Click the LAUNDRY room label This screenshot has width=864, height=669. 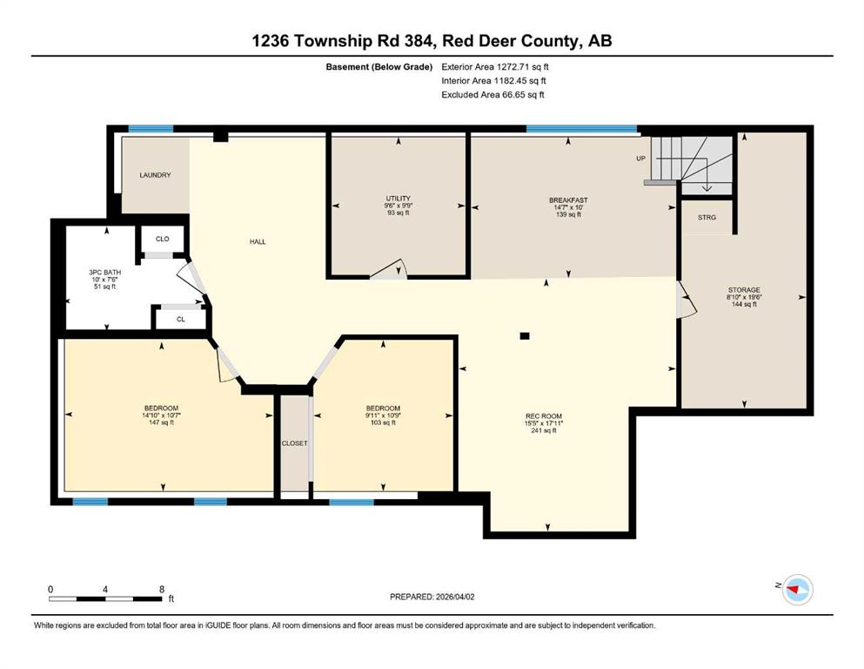click(155, 175)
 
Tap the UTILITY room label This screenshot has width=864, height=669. click(398, 199)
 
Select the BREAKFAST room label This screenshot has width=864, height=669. click(568, 200)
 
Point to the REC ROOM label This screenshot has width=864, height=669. click(543, 416)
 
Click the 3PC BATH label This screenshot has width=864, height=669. click(104, 273)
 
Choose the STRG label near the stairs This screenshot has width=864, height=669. click(707, 218)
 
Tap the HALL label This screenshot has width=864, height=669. click(258, 241)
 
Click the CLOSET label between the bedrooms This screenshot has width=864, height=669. click(294, 443)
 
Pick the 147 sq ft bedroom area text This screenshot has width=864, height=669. click(161, 423)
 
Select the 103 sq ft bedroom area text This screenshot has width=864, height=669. click(383, 423)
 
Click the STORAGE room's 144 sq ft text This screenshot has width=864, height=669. click(744, 304)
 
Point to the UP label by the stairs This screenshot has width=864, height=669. click(641, 159)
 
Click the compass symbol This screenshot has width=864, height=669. click(797, 590)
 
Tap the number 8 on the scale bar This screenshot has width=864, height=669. click(162, 590)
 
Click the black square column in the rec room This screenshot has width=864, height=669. click(525, 336)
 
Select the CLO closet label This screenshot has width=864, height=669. click(162, 239)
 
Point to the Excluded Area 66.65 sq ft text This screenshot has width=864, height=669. click(492, 95)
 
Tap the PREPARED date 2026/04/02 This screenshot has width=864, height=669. click(454, 597)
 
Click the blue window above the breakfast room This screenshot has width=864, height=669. click(581, 129)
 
